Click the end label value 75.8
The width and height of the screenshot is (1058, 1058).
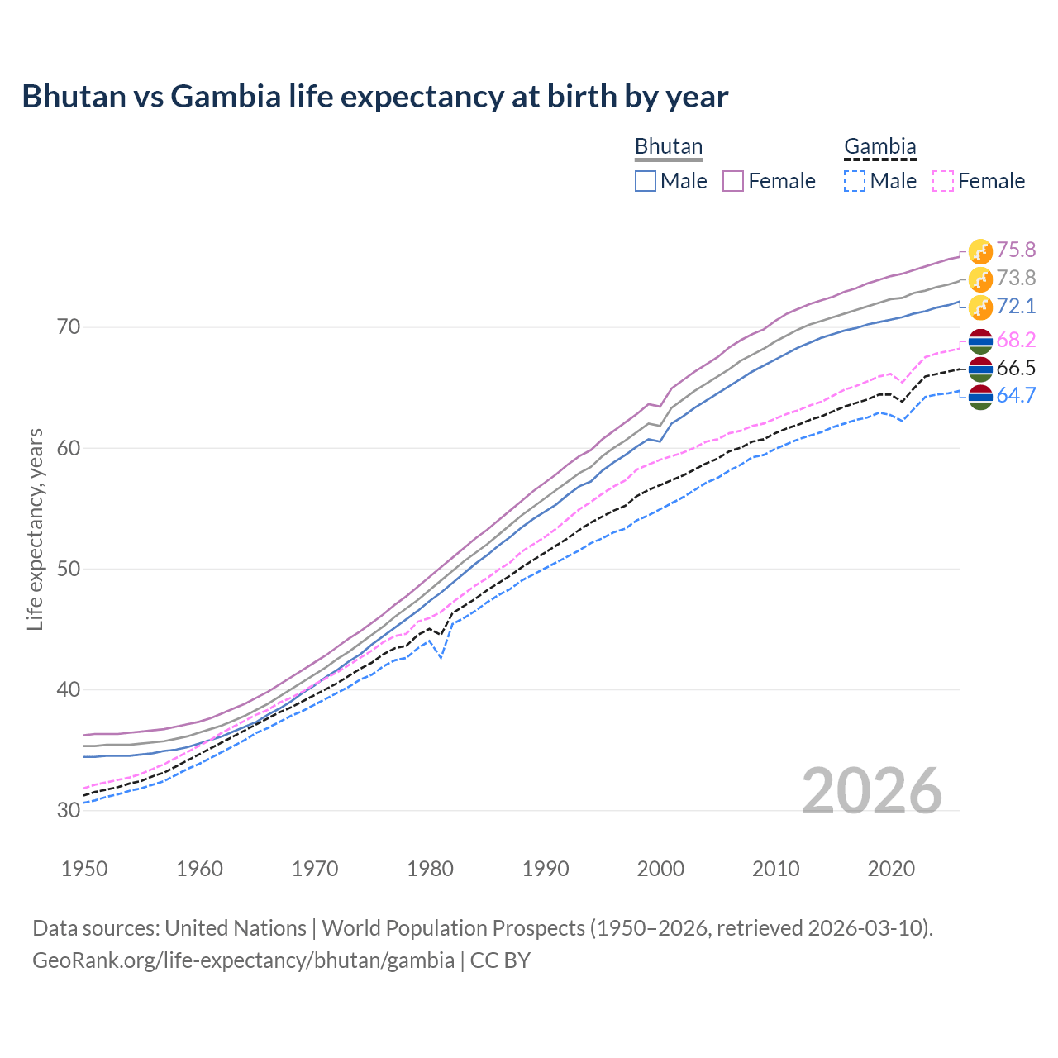point(1016,250)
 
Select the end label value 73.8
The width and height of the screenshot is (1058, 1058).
point(1016,278)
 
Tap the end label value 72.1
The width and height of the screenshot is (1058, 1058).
point(1016,306)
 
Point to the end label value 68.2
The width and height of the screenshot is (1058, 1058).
point(1016,340)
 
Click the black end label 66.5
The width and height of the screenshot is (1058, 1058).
point(1016,368)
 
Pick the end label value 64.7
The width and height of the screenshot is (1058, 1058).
point(1016,395)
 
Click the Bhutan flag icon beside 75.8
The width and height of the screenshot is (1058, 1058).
point(980,251)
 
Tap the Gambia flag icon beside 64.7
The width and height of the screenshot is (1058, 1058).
point(980,397)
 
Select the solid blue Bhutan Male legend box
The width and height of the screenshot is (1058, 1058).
point(646,181)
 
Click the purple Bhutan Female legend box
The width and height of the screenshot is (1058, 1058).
point(733,181)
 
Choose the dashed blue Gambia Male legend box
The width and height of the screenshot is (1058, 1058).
point(855,181)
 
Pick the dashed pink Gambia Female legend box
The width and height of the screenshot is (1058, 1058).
point(943,181)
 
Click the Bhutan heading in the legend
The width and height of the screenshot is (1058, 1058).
point(669,146)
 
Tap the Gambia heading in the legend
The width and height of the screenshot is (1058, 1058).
point(879,146)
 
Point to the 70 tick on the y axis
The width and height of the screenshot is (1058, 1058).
point(69,327)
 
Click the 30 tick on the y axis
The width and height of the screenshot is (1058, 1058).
point(69,810)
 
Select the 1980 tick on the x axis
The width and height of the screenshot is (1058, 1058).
point(430,869)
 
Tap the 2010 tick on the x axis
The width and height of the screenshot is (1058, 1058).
point(775,869)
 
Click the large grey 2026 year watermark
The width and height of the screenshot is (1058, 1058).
point(872,791)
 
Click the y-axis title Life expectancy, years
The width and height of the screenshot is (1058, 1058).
point(36,529)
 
